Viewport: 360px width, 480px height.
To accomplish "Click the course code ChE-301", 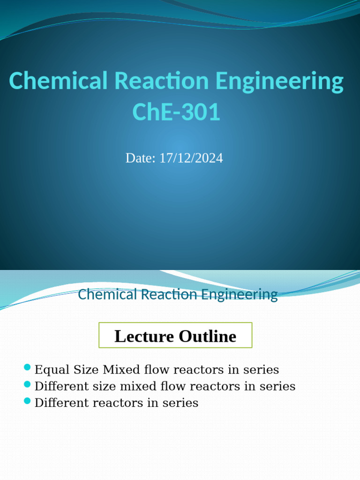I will tap(176, 112).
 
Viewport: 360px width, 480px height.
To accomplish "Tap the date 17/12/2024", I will tap(191, 158).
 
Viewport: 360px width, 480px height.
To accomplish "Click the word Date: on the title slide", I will tap(141, 158).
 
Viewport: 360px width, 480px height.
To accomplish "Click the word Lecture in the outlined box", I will tap(143, 336).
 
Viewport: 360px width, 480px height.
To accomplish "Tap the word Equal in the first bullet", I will tap(52, 370).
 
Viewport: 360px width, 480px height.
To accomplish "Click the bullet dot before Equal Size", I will tap(27, 367).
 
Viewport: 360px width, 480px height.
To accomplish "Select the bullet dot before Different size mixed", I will tap(27, 384).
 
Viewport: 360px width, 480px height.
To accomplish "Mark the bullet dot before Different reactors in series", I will tap(27, 400).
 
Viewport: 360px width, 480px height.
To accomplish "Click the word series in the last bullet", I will tap(184, 403).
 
